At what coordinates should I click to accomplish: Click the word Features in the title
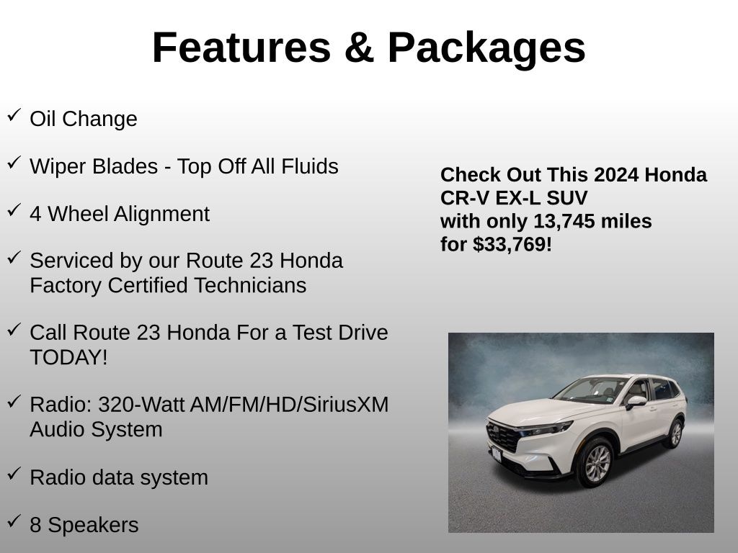(242, 48)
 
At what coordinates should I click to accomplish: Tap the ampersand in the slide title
(359, 48)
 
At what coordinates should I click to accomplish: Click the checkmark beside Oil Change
(14, 114)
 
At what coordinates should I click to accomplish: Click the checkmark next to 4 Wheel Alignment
(14, 210)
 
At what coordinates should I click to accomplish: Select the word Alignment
(161, 215)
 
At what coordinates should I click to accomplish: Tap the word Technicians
(250, 285)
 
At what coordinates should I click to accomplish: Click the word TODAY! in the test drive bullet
(68, 357)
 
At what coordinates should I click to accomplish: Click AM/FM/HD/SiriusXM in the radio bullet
(290, 405)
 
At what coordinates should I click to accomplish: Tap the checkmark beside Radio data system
(14, 474)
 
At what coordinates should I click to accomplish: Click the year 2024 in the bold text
(610, 175)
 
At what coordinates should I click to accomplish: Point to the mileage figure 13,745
(564, 222)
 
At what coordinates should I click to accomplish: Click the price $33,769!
(512, 245)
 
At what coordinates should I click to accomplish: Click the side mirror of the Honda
(636, 402)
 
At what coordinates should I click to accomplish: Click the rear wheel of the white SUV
(675, 433)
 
